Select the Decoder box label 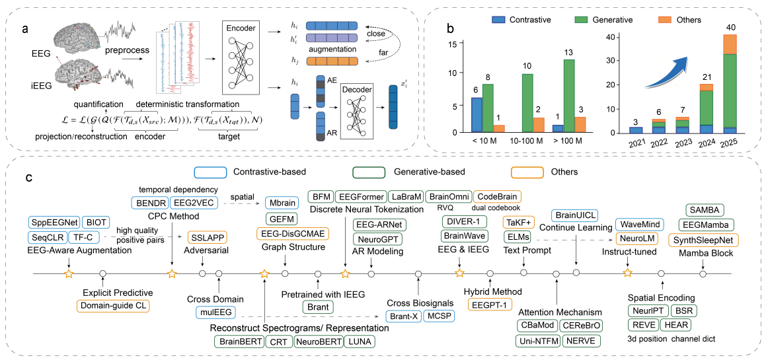coord(358,89)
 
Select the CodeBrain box coord(497,196)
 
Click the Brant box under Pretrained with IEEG coord(318,306)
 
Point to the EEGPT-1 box coord(489,305)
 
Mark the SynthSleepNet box coord(703,238)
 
